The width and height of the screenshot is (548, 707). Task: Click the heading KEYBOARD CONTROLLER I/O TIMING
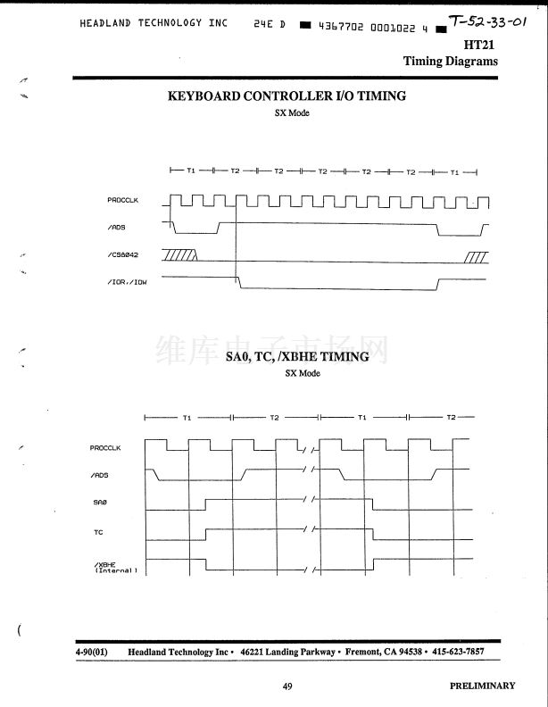[286, 96]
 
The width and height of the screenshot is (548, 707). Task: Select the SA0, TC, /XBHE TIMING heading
[297, 357]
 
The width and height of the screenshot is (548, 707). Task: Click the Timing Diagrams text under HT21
[450, 62]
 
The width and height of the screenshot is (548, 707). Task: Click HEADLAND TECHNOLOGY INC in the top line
[153, 23]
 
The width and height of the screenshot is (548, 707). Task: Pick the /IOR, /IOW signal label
[126, 283]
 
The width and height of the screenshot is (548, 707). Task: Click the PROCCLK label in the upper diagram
[122, 200]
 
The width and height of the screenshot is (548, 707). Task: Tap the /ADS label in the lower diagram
[100, 476]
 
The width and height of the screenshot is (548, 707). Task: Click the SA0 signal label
[99, 503]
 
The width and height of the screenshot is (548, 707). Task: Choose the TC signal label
[98, 532]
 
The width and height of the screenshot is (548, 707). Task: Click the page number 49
[287, 686]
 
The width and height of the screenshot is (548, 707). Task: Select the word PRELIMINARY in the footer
[482, 686]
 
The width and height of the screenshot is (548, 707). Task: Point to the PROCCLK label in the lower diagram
[105, 448]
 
